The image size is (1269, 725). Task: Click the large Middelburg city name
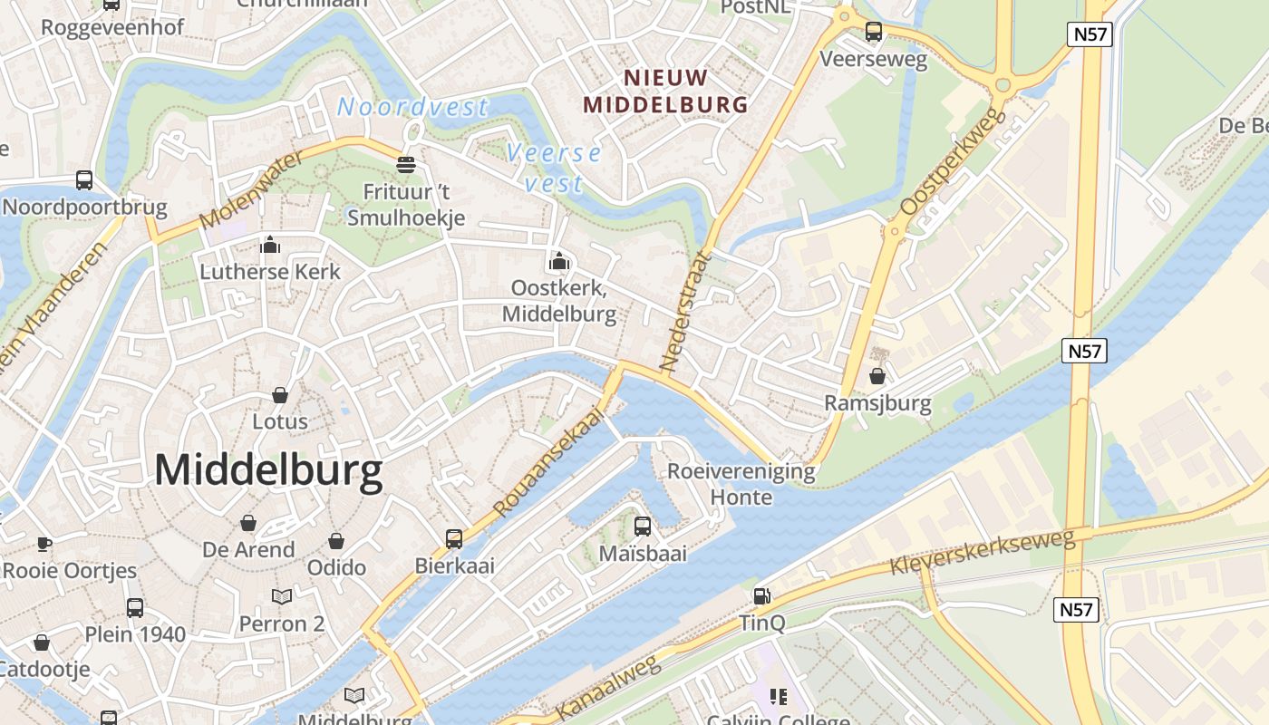tap(268, 472)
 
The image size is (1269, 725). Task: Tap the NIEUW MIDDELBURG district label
tap(665, 91)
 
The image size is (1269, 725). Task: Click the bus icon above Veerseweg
tap(874, 32)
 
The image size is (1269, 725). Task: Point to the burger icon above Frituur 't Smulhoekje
tap(406, 165)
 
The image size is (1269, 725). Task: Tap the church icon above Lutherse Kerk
tap(270, 245)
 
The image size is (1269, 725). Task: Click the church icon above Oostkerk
tap(558, 262)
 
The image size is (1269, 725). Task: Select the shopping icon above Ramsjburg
tap(877, 375)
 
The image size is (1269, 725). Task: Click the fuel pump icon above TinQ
tap(761, 595)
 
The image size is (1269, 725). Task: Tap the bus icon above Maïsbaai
tap(643, 526)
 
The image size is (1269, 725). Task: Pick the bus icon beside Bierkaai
tap(454, 539)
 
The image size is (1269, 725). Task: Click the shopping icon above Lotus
tap(280, 395)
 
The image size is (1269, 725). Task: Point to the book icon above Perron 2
tap(282, 596)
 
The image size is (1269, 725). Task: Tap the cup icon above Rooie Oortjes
tap(44, 544)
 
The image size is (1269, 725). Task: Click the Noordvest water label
tap(412, 108)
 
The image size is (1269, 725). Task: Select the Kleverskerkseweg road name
tap(982, 552)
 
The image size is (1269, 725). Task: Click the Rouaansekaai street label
tap(549, 460)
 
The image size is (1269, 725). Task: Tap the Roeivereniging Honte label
tap(741, 484)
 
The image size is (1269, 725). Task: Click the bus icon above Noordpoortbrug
tap(84, 179)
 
